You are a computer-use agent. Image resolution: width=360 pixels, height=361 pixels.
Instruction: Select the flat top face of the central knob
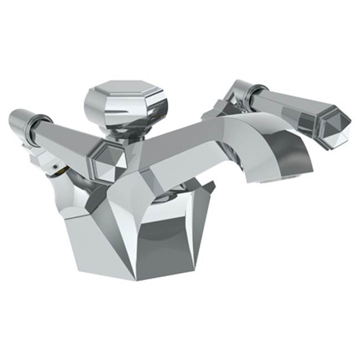click(x=125, y=88)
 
